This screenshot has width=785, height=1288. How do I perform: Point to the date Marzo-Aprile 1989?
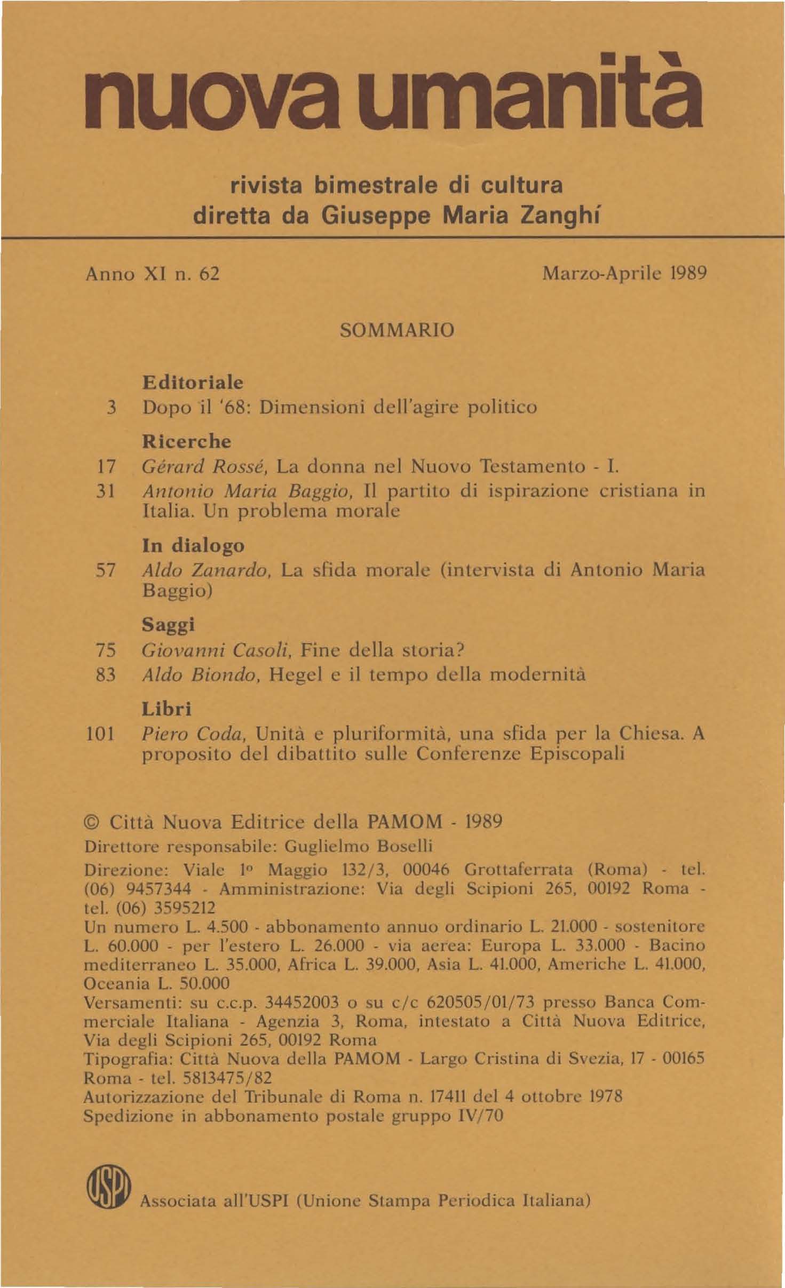point(624,274)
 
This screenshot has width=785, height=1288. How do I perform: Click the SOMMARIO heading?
point(397,330)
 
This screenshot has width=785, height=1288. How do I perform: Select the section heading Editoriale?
point(193,383)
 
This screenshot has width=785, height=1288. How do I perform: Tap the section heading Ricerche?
point(186,441)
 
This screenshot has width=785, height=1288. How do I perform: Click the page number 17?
point(105,467)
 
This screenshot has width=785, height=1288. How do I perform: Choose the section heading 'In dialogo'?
point(193,545)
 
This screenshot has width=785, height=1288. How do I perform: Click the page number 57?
point(105,570)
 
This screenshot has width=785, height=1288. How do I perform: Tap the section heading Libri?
point(166,709)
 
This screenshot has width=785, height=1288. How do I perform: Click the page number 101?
point(100,734)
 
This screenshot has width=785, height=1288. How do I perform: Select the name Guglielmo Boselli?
point(359,847)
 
